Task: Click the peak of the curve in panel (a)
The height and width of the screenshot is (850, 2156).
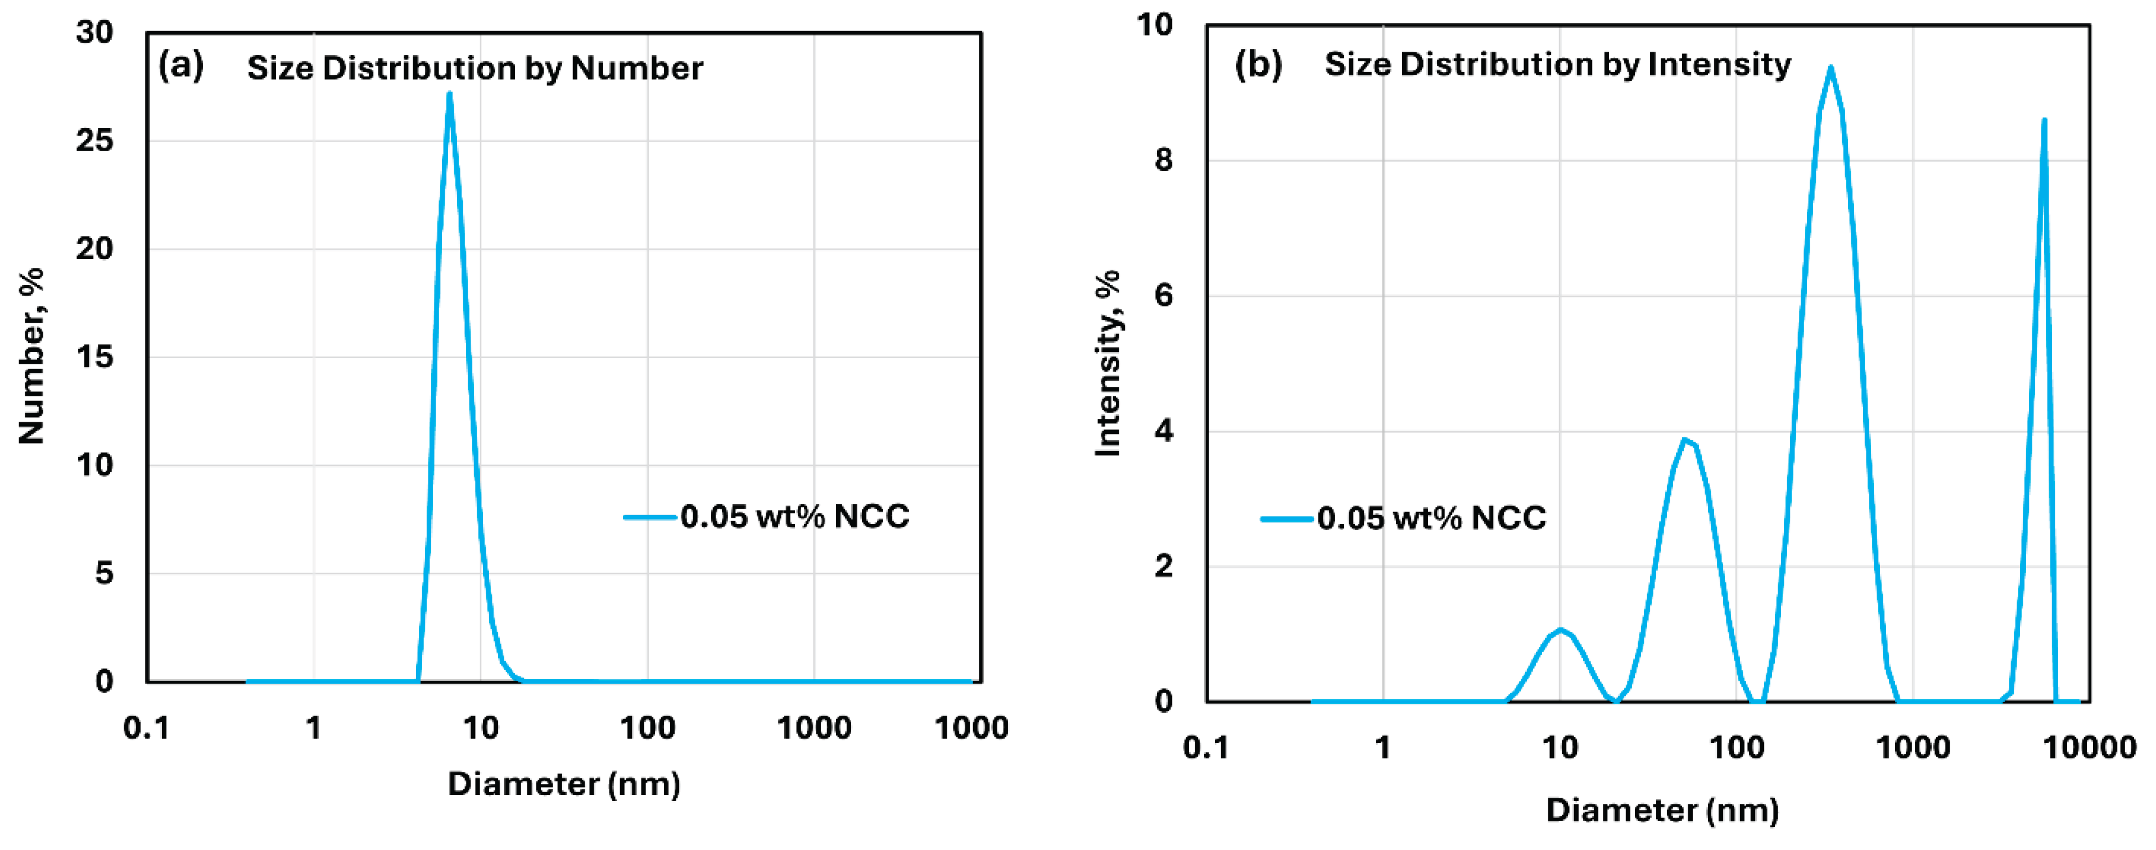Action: click(x=449, y=94)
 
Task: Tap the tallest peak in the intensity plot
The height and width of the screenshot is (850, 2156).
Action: click(x=1830, y=69)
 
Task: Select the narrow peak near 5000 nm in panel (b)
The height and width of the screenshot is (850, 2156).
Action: click(x=2044, y=121)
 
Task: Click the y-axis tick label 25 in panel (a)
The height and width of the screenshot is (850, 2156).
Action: click(x=94, y=141)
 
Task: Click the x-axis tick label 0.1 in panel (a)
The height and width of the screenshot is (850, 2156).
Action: click(x=147, y=728)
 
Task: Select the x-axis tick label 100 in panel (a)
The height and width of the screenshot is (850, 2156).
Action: click(x=647, y=728)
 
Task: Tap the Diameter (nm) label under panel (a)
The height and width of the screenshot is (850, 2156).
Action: click(x=563, y=784)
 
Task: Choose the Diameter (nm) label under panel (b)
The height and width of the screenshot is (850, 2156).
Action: click(x=1661, y=810)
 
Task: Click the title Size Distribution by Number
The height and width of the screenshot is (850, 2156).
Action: click(x=474, y=68)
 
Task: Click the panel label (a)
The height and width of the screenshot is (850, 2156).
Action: click(x=181, y=65)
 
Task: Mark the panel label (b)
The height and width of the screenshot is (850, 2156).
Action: click(x=1258, y=65)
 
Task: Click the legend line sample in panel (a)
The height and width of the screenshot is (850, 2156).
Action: click(x=649, y=517)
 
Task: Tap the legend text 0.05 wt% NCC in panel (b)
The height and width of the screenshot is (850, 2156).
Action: click(x=1431, y=519)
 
